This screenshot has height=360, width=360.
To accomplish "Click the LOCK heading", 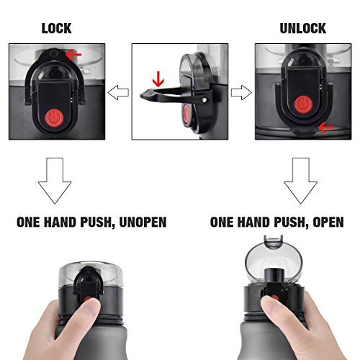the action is pos(57,28).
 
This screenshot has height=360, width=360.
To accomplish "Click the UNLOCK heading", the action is pos(303,28).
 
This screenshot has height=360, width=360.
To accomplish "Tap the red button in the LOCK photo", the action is pos(54,118).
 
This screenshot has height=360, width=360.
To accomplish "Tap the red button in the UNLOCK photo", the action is pos(303,104).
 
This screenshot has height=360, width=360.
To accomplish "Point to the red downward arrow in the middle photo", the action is pos(158,79).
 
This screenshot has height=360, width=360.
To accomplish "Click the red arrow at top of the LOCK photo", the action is pos(73,55).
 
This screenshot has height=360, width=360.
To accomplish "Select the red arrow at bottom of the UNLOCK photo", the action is pos(326,127).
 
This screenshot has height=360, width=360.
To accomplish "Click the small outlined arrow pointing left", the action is pos(118,92).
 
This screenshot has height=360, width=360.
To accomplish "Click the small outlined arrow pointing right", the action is pos(241,92).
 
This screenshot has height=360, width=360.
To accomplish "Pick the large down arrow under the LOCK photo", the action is pos(55,181).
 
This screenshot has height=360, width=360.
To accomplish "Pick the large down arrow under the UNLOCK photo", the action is pos(301,181).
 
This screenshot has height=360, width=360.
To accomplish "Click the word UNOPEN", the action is pos(143,222).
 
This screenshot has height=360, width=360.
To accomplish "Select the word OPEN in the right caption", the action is pos(328,222).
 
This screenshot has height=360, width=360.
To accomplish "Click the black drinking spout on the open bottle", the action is pos(274,276).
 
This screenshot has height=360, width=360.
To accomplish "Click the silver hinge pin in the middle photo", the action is pos(204,100).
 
